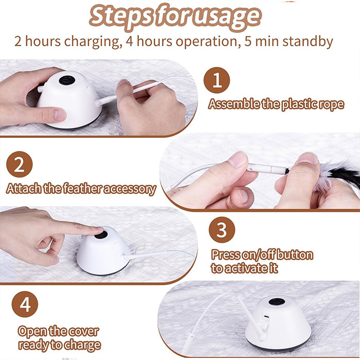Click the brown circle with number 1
(x=217, y=80)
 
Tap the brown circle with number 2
(x=20, y=164)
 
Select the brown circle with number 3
(x=222, y=230)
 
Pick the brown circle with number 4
(x=25, y=304)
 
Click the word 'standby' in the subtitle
(x=308, y=42)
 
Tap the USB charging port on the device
(x=266, y=317)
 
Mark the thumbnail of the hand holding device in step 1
(x=60, y=114)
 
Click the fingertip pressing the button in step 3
(x=98, y=229)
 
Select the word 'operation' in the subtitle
(x=206, y=42)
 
